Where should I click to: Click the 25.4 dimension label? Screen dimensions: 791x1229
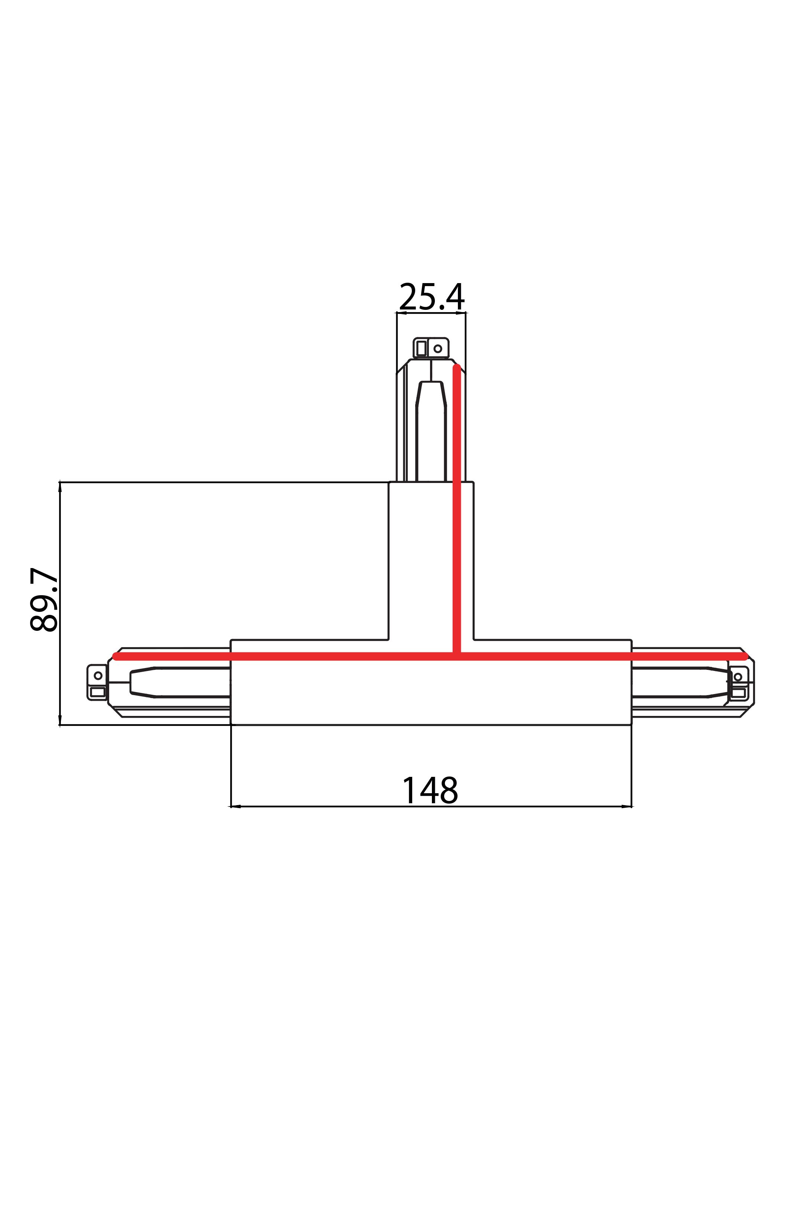[432, 296]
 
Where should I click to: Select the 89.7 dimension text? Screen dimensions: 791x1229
[44, 600]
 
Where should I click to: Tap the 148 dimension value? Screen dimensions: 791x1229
[430, 791]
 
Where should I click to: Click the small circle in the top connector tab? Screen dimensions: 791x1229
[437, 349]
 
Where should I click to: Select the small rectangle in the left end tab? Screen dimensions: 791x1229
[98, 692]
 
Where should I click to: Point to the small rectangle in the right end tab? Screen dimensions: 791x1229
[738, 693]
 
